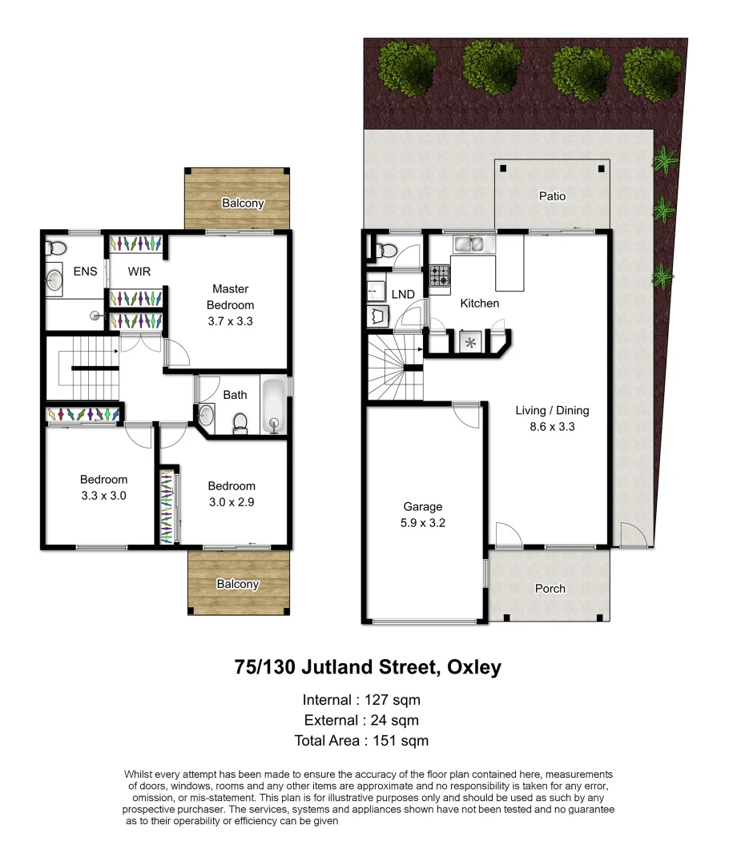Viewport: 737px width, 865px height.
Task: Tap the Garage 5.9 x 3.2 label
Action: coord(422,514)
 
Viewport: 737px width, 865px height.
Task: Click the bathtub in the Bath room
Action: coord(273,405)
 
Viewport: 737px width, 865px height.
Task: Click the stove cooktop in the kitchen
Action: coord(440,276)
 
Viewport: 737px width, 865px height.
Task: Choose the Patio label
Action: coord(552,196)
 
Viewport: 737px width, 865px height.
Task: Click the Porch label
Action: coord(550,589)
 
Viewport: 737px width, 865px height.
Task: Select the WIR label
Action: coord(139,272)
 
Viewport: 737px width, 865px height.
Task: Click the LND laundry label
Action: coord(403,295)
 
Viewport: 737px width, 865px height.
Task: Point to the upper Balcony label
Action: coord(242,203)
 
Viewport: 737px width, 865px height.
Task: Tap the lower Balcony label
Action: coord(237,584)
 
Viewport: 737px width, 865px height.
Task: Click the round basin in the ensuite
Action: coord(55,280)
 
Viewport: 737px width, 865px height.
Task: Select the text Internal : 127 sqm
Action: coord(361,699)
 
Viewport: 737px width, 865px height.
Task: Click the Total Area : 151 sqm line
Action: coord(361,741)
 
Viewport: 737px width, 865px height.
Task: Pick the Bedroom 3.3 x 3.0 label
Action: coord(103,488)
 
